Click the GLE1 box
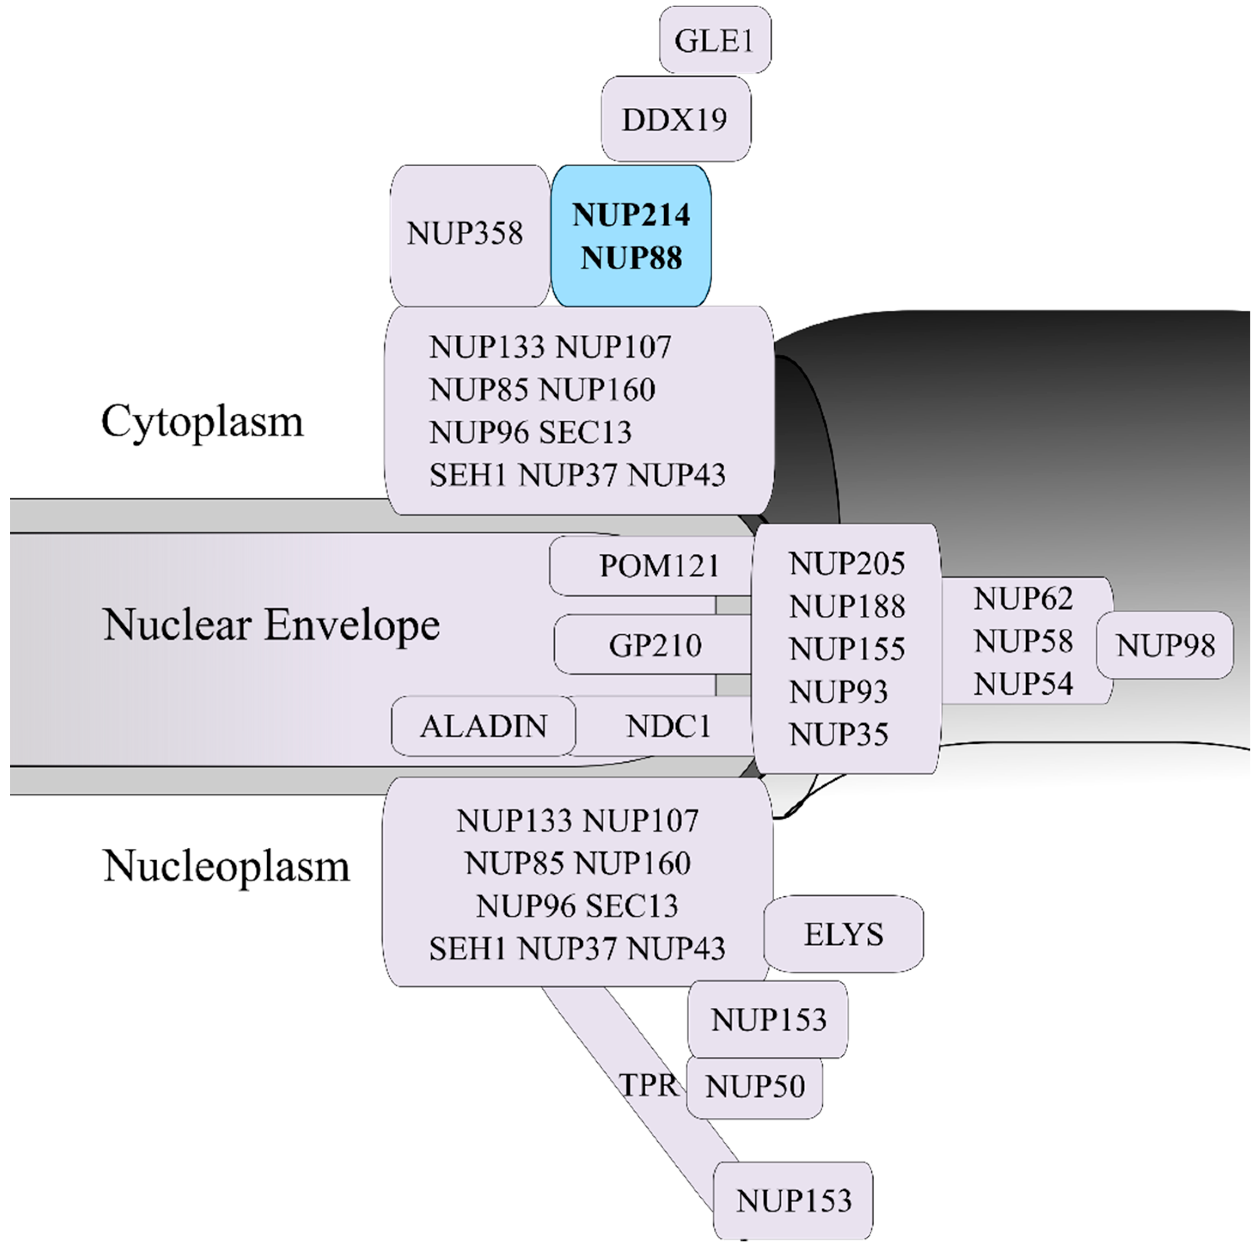point(714,40)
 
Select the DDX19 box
point(675,119)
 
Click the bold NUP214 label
point(631,215)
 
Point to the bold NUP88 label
point(631,258)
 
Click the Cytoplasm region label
point(202,421)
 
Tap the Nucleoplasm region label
point(226,866)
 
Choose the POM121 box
point(658,566)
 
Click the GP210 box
point(655,645)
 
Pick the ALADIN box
point(483,726)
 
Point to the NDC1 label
point(668,726)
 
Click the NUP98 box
point(1165,645)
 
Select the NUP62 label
point(1023,599)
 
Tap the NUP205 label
point(846,564)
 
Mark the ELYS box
point(843,935)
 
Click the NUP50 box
point(754,1086)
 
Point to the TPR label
point(648,1085)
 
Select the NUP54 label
point(1023,684)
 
